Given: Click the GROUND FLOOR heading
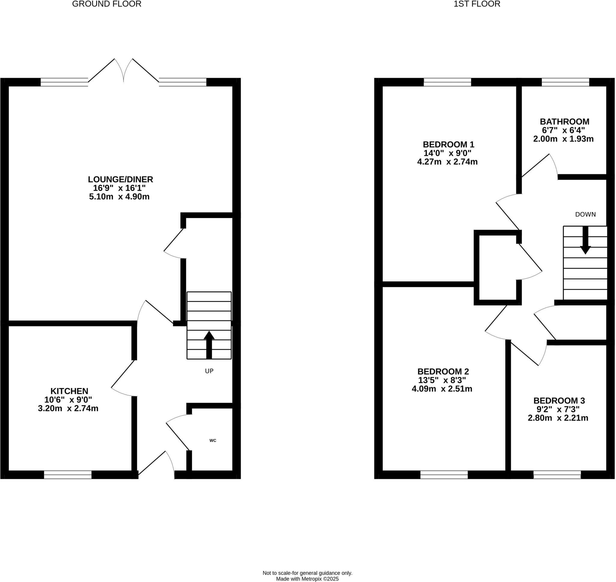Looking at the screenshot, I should (107, 4).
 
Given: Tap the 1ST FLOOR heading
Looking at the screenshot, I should (477, 4).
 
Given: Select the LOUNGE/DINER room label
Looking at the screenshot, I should (120, 179).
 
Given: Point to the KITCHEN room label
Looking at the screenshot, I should (69, 391).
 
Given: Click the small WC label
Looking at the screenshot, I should (212, 440).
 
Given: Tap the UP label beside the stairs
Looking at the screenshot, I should (209, 371).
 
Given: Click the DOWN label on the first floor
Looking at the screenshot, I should (585, 214).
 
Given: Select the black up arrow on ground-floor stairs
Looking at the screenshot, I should (209, 344).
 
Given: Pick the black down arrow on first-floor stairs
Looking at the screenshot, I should (585, 240).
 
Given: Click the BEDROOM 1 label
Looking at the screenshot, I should (448, 145).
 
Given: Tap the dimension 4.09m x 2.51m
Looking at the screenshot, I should (442, 389).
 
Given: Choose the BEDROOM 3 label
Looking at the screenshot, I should (559, 401).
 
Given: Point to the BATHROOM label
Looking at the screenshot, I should (565, 122).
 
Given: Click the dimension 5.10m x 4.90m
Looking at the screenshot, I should (119, 197).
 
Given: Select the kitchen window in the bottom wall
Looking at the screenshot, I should (68, 475).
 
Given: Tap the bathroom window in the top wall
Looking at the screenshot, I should (565, 82).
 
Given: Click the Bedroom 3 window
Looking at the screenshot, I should (557, 475).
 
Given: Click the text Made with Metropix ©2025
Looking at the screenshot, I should (307, 579).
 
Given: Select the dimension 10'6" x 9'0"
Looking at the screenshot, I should (68, 400).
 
